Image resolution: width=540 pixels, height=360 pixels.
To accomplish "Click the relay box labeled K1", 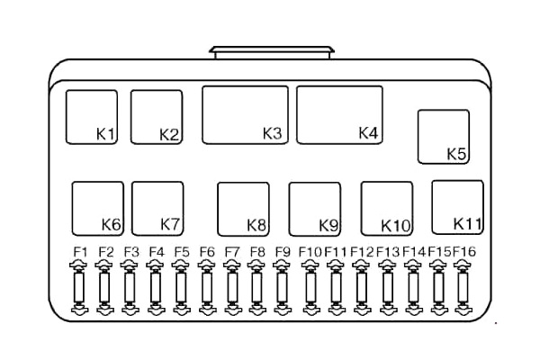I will point(91,117).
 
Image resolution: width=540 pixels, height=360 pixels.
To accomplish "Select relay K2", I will point(157,117).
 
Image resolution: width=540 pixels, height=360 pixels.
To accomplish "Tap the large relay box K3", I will point(245,114).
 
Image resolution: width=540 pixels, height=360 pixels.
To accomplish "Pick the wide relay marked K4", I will point(339,114).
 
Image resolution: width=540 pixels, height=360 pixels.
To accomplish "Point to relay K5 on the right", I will point(444,137).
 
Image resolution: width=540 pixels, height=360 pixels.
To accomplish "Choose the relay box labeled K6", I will point(97,208).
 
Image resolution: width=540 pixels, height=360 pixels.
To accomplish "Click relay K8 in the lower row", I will point(243,209).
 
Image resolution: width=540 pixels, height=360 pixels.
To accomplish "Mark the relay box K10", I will point(387,209).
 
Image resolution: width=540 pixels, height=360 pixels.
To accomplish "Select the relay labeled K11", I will point(458,206).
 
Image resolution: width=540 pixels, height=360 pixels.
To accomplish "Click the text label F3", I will point(130,251).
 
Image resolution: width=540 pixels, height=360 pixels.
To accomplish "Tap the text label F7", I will point(232,251).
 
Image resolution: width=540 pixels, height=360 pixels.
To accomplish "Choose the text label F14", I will point(414,251).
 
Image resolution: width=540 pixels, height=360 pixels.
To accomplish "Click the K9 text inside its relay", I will point(328,225).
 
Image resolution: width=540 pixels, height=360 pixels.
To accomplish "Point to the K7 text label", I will point(171,223).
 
